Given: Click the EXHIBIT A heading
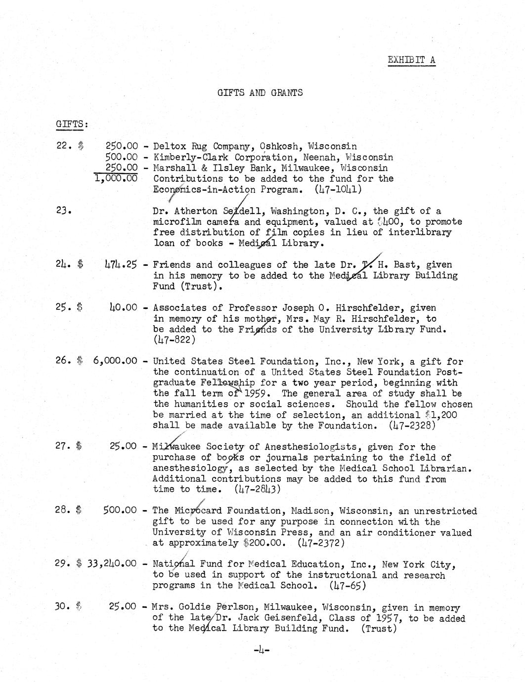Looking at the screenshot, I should pyautogui.click(x=411, y=60).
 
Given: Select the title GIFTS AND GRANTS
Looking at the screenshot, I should pyautogui.click(x=260, y=92).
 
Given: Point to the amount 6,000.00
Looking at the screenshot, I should pyautogui.click(x=115, y=361).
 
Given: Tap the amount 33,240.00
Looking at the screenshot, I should pyautogui.click(x=112, y=564).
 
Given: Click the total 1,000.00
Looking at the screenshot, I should pyautogui.click(x=116, y=178).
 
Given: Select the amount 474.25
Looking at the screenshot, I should pyautogui.click(x=121, y=264).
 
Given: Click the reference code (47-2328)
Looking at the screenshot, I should pyautogui.click(x=412, y=426).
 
